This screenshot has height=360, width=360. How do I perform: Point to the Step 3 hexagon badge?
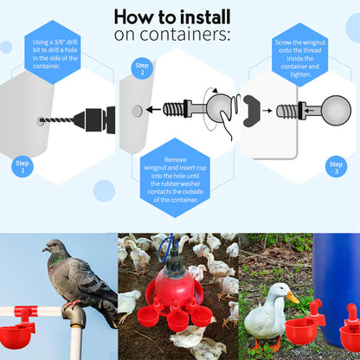point(336,166)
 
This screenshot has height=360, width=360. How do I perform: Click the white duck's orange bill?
point(292,297)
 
